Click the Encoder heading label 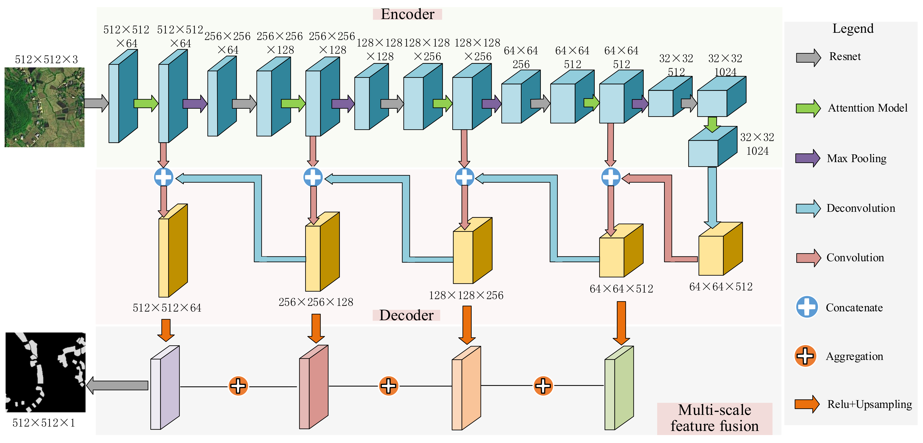[407, 14]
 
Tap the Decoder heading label [406, 315]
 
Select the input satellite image [44, 107]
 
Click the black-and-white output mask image [45, 372]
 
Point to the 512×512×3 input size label [46, 59]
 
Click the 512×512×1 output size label [44, 423]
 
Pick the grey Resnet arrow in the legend [808, 57]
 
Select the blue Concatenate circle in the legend [807, 307]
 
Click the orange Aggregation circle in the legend [805, 356]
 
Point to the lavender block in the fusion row [165, 387]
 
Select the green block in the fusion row [619, 387]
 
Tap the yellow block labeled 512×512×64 [173, 251]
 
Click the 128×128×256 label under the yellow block [466, 295]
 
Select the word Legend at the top [853, 29]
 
